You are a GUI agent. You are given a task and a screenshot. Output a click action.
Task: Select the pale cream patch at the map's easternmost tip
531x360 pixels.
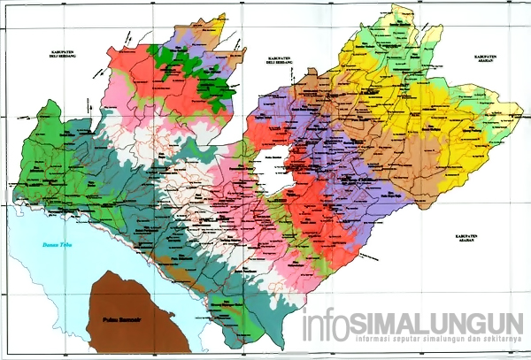pos(512,111)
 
